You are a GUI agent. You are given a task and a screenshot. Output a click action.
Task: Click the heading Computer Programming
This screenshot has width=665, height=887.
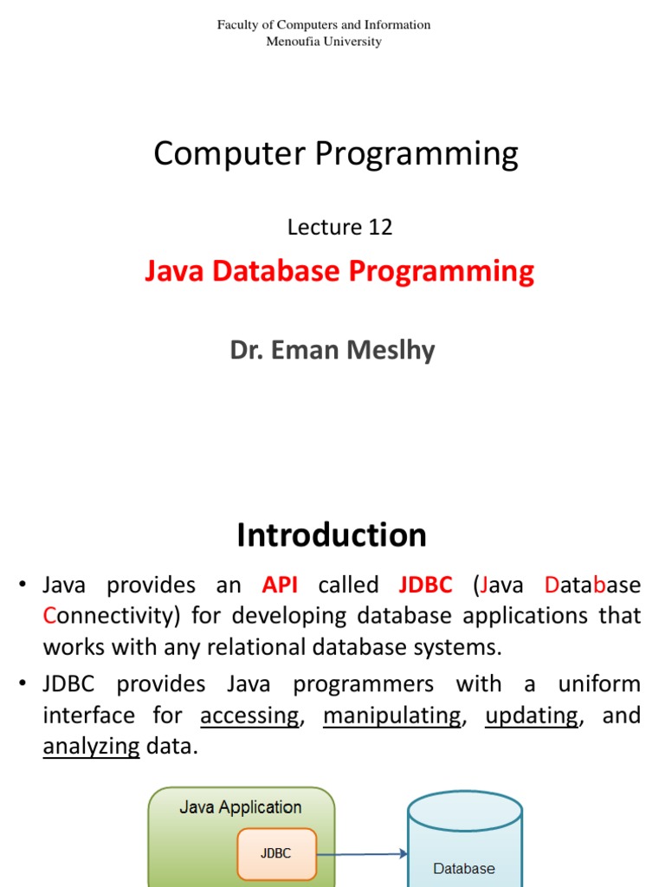(336, 154)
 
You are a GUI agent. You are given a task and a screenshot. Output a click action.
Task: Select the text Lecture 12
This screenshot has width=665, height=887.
(339, 227)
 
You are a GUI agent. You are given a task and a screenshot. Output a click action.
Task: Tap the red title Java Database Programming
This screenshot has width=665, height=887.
(339, 271)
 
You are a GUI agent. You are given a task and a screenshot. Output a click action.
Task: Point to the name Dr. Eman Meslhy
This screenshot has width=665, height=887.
(332, 350)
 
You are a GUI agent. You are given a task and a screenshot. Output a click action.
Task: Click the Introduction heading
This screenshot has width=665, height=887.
(332, 534)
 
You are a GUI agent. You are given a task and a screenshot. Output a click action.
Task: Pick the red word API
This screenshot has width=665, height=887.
(280, 585)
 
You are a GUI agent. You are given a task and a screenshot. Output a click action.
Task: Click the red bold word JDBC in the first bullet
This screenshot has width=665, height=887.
(425, 585)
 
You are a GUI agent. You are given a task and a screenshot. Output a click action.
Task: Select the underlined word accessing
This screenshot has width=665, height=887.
(249, 715)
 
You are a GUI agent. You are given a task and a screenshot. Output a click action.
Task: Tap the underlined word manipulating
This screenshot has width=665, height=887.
(391, 715)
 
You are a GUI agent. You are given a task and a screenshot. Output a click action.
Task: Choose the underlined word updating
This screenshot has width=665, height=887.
(531, 715)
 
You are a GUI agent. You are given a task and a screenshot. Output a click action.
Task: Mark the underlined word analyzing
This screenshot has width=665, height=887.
(91, 747)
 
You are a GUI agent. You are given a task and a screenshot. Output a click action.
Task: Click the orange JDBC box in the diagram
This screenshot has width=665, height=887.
(276, 853)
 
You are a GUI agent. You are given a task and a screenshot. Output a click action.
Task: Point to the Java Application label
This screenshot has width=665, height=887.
(240, 807)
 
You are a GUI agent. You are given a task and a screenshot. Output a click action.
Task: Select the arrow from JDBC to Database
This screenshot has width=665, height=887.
(362, 854)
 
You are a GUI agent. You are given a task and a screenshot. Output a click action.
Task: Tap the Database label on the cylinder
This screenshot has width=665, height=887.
(464, 868)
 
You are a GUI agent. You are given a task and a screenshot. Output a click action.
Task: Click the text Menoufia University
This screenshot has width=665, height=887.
(323, 41)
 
